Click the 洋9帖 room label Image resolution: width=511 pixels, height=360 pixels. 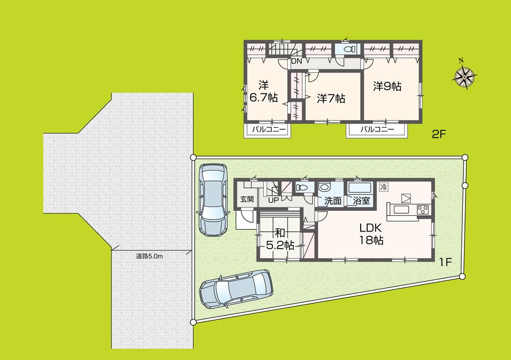(387, 86)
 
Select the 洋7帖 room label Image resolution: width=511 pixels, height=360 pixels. (330, 98)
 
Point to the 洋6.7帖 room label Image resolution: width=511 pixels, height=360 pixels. (264, 90)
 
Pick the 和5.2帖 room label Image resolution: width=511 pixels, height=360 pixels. (279, 238)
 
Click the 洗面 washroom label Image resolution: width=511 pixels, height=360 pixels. (333, 201)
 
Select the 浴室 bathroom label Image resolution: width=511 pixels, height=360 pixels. (361, 201)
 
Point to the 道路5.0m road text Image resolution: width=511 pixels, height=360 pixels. (149, 256)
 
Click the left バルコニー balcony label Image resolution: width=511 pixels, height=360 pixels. (267, 130)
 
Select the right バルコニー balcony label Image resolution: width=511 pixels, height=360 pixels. (377, 130)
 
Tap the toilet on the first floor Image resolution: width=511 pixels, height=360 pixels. (304, 188)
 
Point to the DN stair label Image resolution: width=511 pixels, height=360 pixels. (297, 61)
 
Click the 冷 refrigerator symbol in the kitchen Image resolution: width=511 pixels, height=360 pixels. (384, 187)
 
